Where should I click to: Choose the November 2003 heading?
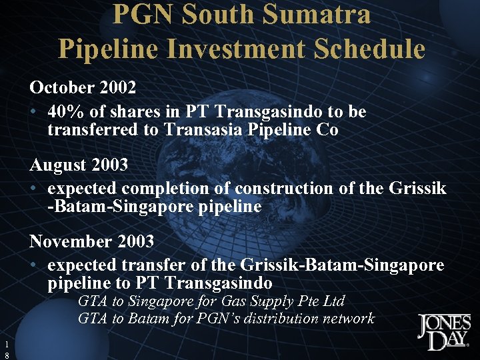pos(91,241)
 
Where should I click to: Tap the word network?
pos(349,319)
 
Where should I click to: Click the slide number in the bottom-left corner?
pos(5,350)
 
